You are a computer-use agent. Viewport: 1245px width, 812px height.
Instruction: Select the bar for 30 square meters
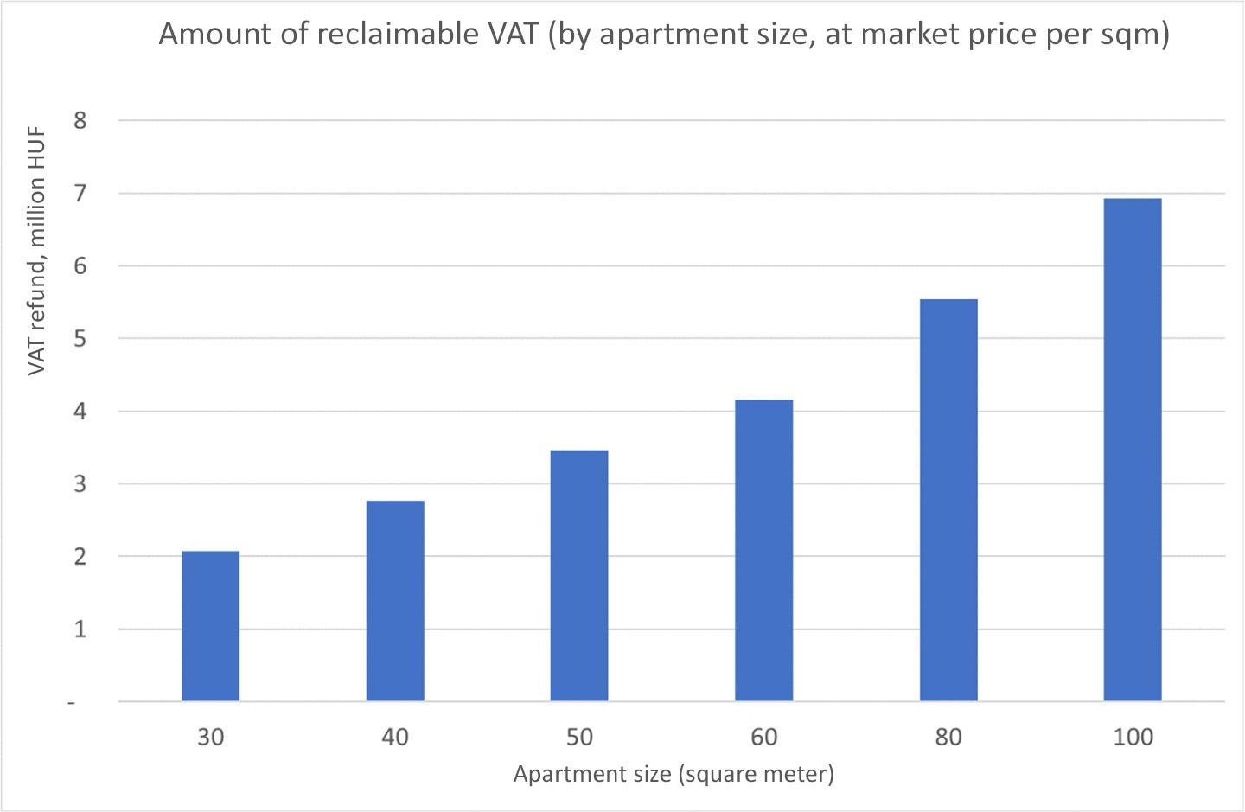tap(210, 626)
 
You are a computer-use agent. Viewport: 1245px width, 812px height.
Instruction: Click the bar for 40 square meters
tap(395, 601)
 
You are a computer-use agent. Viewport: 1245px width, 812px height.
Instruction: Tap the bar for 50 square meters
tap(579, 576)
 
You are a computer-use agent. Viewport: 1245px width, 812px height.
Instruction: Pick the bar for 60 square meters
tap(763, 551)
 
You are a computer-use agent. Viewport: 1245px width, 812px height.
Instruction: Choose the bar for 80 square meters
tap(948, 500)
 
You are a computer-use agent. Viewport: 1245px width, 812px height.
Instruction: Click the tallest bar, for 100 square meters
tap(1133, 450)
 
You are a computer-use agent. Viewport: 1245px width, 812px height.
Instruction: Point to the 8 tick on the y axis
tap(80, 120)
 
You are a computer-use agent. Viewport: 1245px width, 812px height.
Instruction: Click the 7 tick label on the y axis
tap(80, 193)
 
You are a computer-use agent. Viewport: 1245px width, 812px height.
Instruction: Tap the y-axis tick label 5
tap(80, 338)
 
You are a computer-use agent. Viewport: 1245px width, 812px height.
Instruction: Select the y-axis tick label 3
tap(80, 483)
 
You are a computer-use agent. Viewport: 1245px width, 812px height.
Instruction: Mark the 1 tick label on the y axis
tap(80, 629)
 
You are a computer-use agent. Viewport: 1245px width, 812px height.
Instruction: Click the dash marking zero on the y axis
tap(73, 702)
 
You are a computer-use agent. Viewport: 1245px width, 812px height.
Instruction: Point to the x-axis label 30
tap(210, 737)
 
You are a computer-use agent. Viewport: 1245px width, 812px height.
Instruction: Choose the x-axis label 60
tap(763, 737)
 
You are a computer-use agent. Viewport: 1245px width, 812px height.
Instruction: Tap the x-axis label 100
tap(1133, 737)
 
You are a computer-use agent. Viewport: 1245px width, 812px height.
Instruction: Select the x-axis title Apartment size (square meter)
tap(674, 773)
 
